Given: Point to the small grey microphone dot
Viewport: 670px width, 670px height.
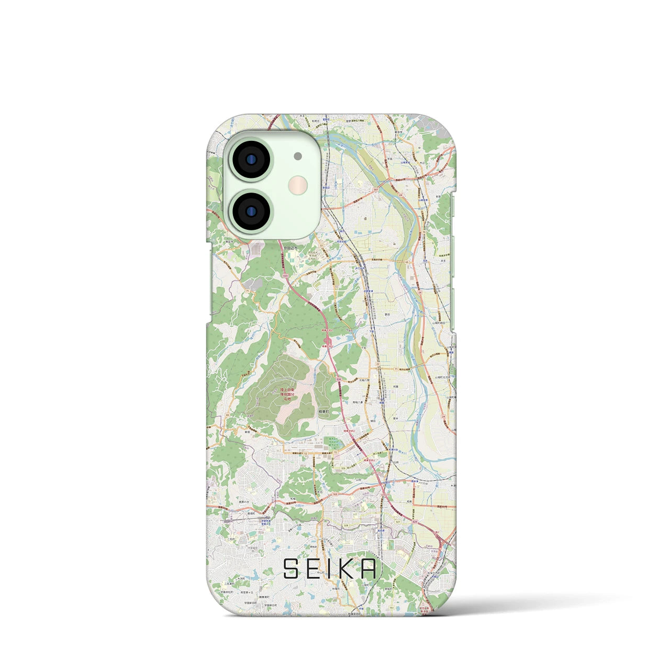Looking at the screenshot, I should tap(298, 155).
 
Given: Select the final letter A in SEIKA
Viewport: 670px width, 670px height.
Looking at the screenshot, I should tap(368, 569).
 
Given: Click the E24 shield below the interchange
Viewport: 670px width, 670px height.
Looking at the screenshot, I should tap(339, 379).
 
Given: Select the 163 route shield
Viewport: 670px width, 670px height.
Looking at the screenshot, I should tap(334, 494).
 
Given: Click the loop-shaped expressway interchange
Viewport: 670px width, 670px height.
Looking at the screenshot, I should tap(328, 341).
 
